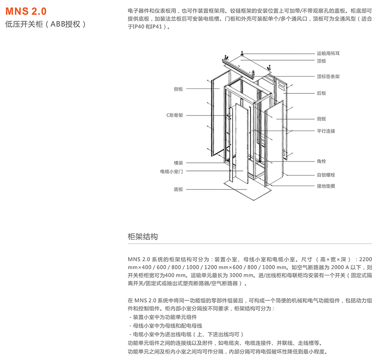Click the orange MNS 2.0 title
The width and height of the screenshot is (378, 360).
[x=26, y=11]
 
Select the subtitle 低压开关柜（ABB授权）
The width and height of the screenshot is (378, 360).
[x=46, y=24]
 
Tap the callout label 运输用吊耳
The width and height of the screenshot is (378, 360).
[x=328, y=53]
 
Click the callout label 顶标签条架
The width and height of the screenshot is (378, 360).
[x=328, y=76]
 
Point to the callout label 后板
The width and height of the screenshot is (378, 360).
[x=321, y=93]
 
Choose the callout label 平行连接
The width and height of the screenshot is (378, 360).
[x=326, y=131]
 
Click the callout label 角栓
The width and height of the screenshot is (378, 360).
[x=321, y=161]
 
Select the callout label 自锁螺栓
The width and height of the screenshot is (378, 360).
[x=326, y=175]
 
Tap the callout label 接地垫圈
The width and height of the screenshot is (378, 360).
[x=326, y=186]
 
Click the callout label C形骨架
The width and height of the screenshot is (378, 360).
[x=175, y=115]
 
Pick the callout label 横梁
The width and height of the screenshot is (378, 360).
[x=178, y=163]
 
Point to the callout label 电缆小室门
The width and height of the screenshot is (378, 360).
[x=171, y=171]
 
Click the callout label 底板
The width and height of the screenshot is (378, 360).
[x=178, y=189]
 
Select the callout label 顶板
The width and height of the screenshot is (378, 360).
[x=321, y=61]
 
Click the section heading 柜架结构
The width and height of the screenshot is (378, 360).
[x=143, y=237]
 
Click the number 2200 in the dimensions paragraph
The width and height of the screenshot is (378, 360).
[x=365, y=259]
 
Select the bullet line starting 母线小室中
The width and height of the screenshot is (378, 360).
[x=166, y=326]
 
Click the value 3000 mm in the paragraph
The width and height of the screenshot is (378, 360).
[x=242, y=275]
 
